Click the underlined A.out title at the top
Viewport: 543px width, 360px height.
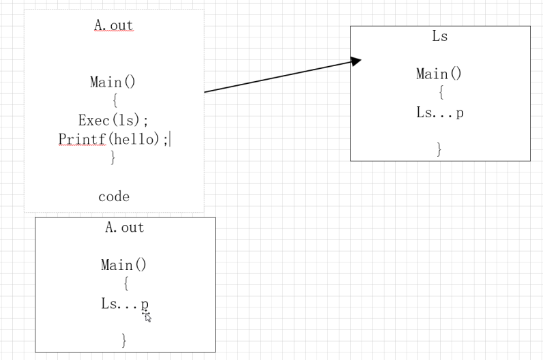(x=113, y=26)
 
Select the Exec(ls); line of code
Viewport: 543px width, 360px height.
(x=113, y=121)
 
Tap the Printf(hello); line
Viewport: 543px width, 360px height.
(x=119, y=139)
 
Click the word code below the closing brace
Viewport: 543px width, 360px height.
(x=114, y=196)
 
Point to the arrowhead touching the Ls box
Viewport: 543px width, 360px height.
(x=355, y=61)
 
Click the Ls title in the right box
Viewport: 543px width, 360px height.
(x=440, y=37)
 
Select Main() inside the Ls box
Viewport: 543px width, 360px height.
(x=439, y=74)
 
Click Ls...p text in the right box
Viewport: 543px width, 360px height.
(x=440, y=113)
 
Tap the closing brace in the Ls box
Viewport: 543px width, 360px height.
(x=440, y=149)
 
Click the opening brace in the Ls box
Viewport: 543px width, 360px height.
(x=440, y=93)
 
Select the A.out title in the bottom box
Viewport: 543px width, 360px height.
(x=124, y=228)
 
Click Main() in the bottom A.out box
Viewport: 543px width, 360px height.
(x=123, y=265)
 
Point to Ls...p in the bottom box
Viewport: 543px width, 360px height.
(x=125, y=304)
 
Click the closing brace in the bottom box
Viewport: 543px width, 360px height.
(x=124, y=340)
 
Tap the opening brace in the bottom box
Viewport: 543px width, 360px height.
(x=125, y=284)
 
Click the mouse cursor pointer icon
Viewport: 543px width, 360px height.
(x=147, y=316)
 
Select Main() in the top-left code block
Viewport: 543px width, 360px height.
(x=113, y=82)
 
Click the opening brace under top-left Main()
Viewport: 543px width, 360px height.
(x=114, y=101)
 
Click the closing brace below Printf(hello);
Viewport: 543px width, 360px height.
(x=113, y=157)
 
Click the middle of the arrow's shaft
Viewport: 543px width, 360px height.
(x=280, y=76)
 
